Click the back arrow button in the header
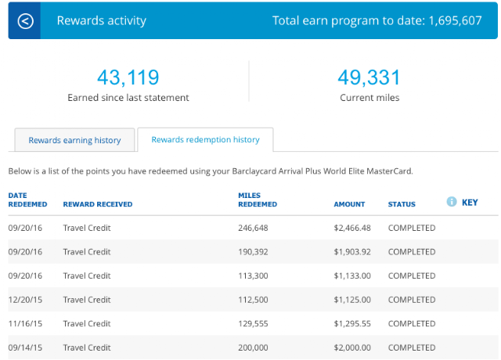pos(25,21)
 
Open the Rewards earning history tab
pos(74,140)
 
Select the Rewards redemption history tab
pos(205,139)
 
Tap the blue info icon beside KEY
pos(452,202)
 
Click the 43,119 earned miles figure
pos(128,77)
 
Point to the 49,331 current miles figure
pos(369,77)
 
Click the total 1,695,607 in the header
pos(455,21)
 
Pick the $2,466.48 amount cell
pos(352,228)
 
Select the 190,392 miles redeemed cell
pos(253,252)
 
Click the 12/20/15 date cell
pos(25,300)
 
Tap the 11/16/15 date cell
pos(25,323)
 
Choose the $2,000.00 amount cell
pos(352,347)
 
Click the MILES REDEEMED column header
pos(258,200)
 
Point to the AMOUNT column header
pos(349,204)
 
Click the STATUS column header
pos(402,204)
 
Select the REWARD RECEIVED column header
pos(97,204)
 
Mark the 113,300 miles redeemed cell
pos(253,275)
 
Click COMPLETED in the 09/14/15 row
pos(412,347)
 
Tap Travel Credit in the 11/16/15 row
pos(87,323)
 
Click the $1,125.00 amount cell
pos(352,300)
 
